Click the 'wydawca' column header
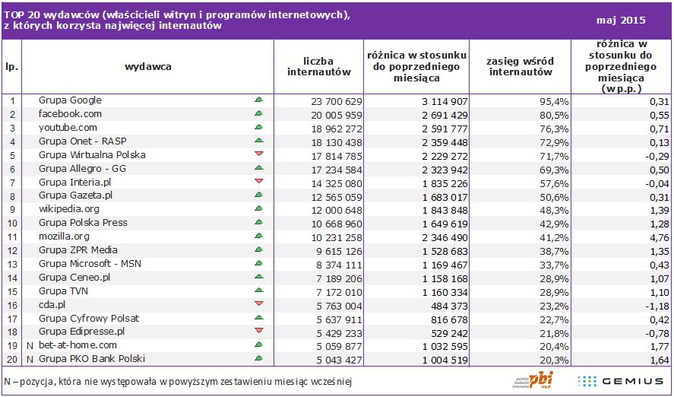coord(148,66)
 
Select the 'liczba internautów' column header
coord(318,66)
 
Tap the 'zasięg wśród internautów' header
coord(521,66)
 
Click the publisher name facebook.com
coord(70,114)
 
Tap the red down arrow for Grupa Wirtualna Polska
coord(258,154)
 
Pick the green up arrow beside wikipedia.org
coord(258,209)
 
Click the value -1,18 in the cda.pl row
coord(657,305)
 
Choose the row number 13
coord(11,264)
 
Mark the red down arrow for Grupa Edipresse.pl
coord(258,332)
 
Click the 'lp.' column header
coord(11,66)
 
